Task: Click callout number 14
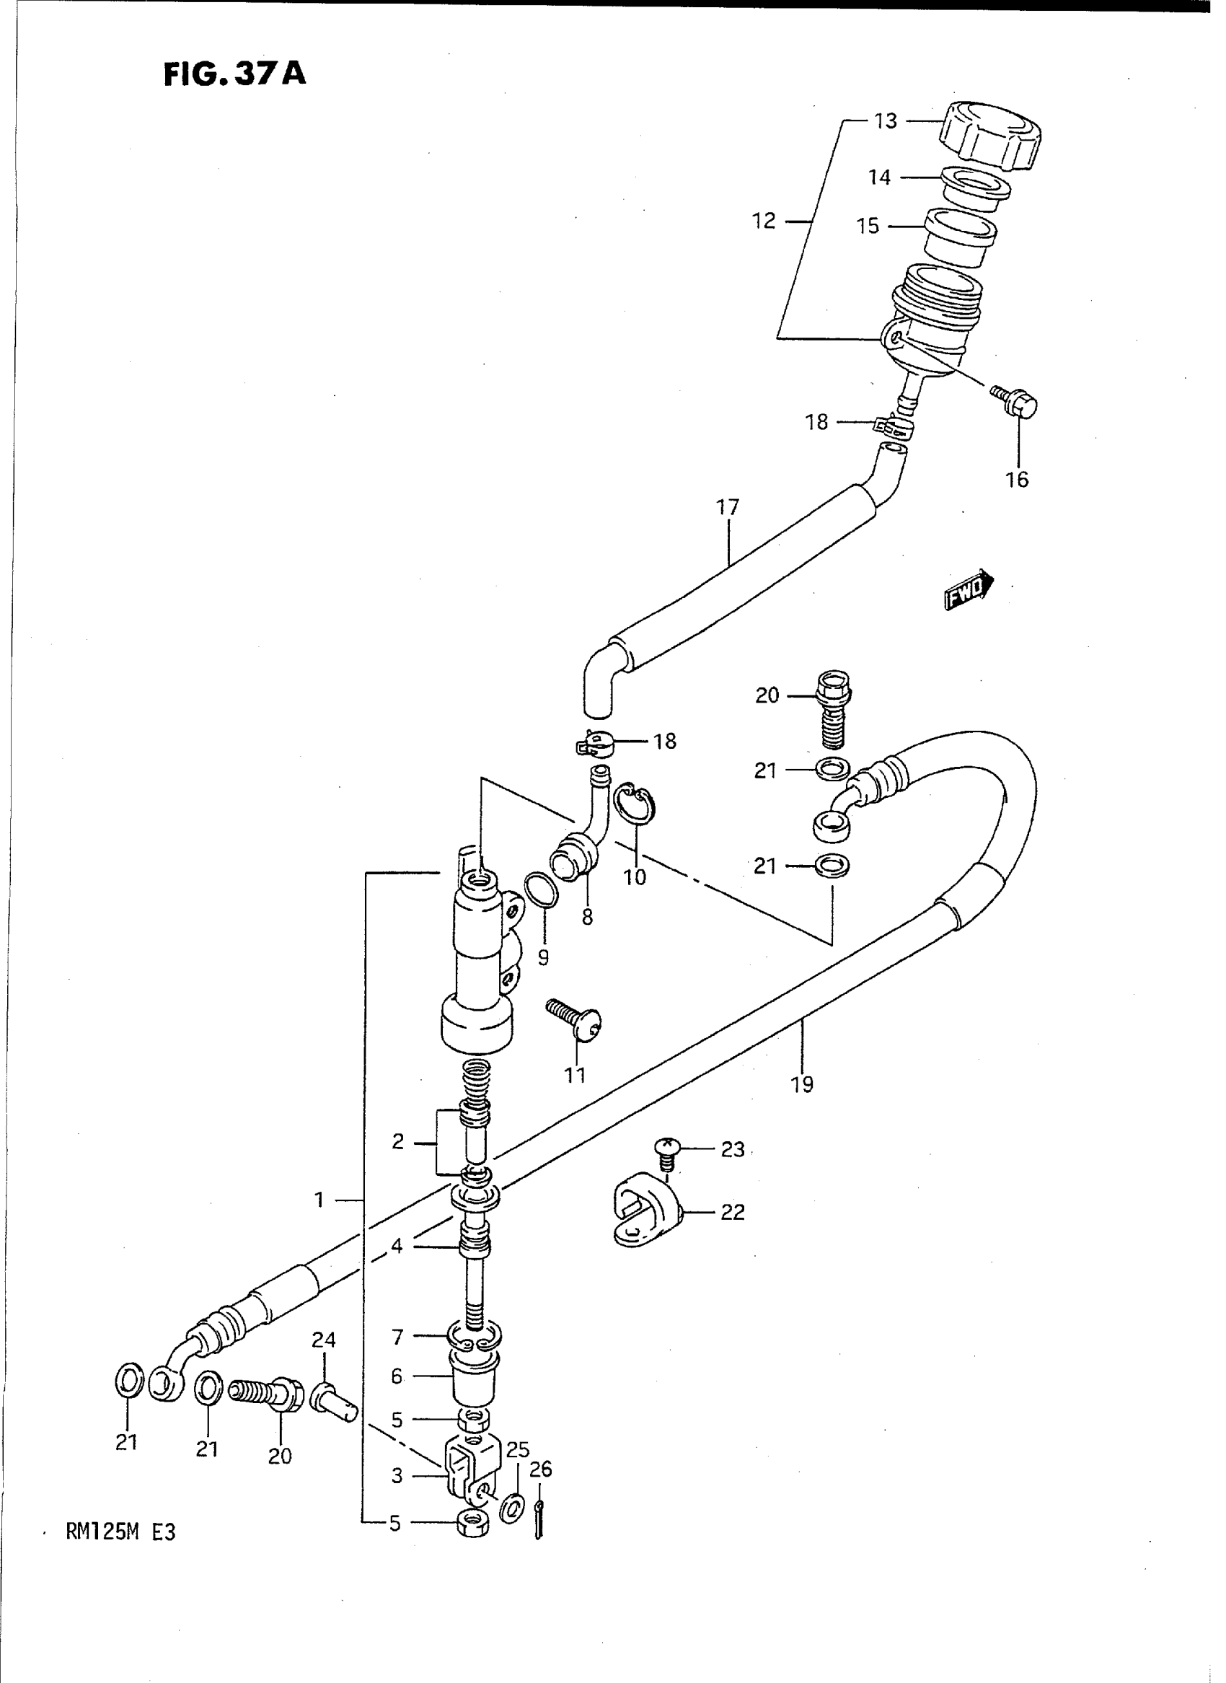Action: point(879,177)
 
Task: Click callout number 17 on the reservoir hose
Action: point(728,508)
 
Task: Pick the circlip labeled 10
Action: point(635,804)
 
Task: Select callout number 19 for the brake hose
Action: point(802,1085)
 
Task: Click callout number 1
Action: point(319,1200)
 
